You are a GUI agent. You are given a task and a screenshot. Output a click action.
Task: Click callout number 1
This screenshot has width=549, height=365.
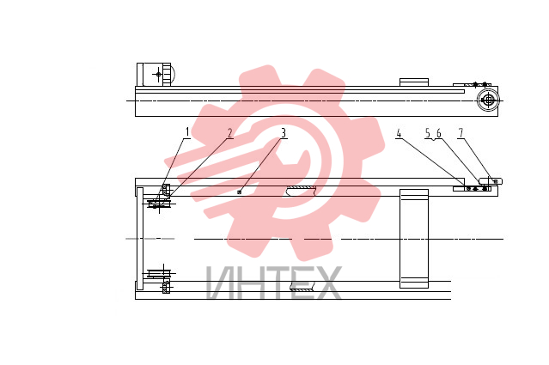187,132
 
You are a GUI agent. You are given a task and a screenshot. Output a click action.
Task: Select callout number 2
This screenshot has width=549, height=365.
229,133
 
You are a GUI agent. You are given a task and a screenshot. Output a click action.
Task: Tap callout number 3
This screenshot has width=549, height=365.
284,133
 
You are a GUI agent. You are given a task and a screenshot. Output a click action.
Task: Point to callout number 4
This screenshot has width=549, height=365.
399,133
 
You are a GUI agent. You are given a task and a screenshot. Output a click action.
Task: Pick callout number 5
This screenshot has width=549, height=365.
428,133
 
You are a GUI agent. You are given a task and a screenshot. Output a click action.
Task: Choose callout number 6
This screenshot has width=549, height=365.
439,133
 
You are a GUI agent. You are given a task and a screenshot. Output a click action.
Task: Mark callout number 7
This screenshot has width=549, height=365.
461,133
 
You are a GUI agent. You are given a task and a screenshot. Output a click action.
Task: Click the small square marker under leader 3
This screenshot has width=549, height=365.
240,192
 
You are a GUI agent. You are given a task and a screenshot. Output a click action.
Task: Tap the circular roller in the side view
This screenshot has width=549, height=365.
488,100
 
